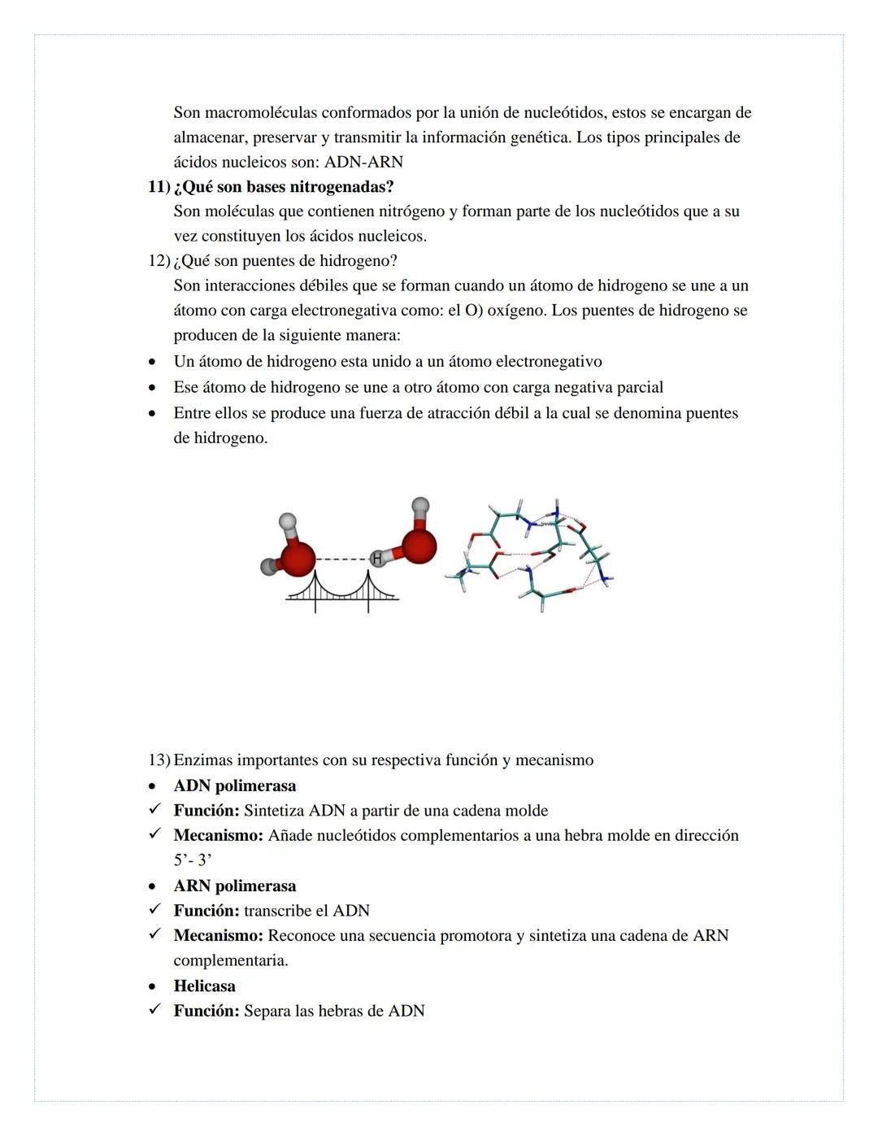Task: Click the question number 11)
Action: [x=159, y=187]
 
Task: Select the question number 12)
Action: [x=159, y=261]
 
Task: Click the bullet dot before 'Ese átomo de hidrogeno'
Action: [x=152, y=388]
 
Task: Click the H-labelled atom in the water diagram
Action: [x=377, y=559]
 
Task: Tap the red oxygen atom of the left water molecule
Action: [x=298, y=558]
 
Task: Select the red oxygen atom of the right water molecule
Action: [x=419, y=545]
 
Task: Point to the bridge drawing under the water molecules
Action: [x=342, y=591]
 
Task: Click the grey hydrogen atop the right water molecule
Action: [x=420, y=506]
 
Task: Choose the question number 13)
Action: [x=159, y=760]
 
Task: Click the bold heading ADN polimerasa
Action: [x=234, y=786]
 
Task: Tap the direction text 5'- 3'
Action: [x=193, y=860]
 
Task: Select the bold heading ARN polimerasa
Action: [x=234, y=886]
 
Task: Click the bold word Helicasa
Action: [x=204, y=986]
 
